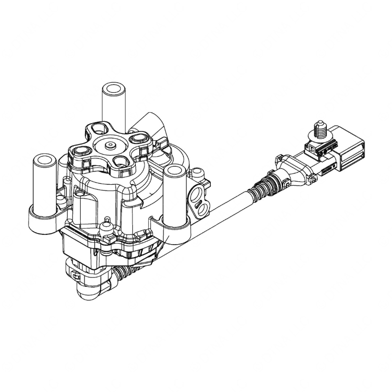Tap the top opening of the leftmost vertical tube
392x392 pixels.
click(x=44, y=160)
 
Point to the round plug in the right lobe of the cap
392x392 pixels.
click(x=139, y=139)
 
